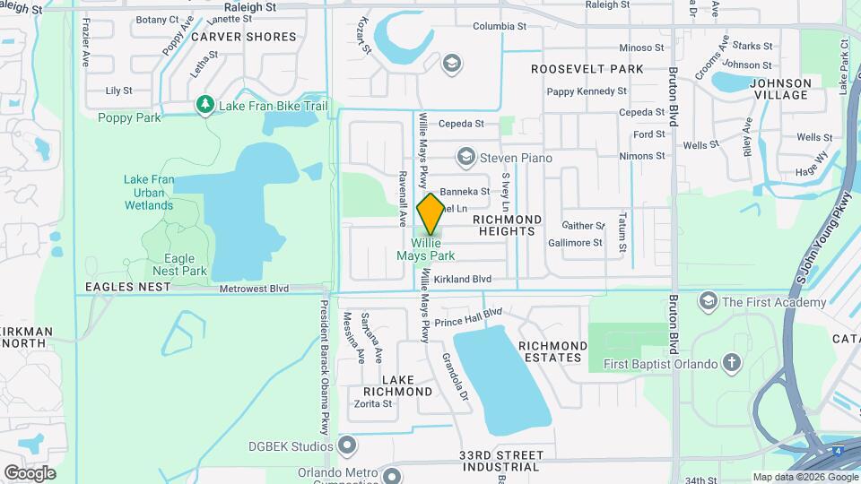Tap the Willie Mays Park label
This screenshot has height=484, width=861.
[431, 249]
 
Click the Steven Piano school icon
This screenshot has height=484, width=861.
[465, 158]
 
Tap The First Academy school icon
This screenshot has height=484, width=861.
[709, 302]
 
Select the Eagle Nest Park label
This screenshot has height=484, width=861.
[180, 264]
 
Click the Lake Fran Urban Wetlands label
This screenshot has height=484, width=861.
[149, 193]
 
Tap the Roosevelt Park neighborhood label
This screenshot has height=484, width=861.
[587, 69]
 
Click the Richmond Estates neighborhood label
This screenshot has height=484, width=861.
[553, 351]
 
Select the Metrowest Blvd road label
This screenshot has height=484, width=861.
[256, 289]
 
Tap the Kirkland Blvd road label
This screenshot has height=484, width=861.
[464, 280]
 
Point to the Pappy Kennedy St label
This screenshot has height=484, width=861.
[587, 91]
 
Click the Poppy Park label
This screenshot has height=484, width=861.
[129, 118]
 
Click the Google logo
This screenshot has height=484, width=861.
[30, 473]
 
